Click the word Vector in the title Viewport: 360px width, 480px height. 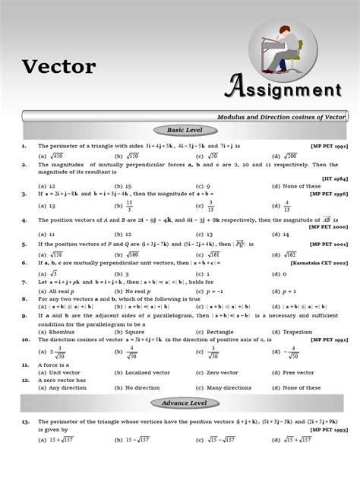click(x=58, y=67)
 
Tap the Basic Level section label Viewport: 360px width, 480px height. click(x=180, y=131)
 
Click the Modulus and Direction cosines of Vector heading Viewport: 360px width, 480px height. click(x=281, y=116)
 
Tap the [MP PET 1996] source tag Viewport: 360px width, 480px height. click(x=330, y=194)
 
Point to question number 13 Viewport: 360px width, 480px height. click(x=25, y=420)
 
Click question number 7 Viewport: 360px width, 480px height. click(x=24, y=282)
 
